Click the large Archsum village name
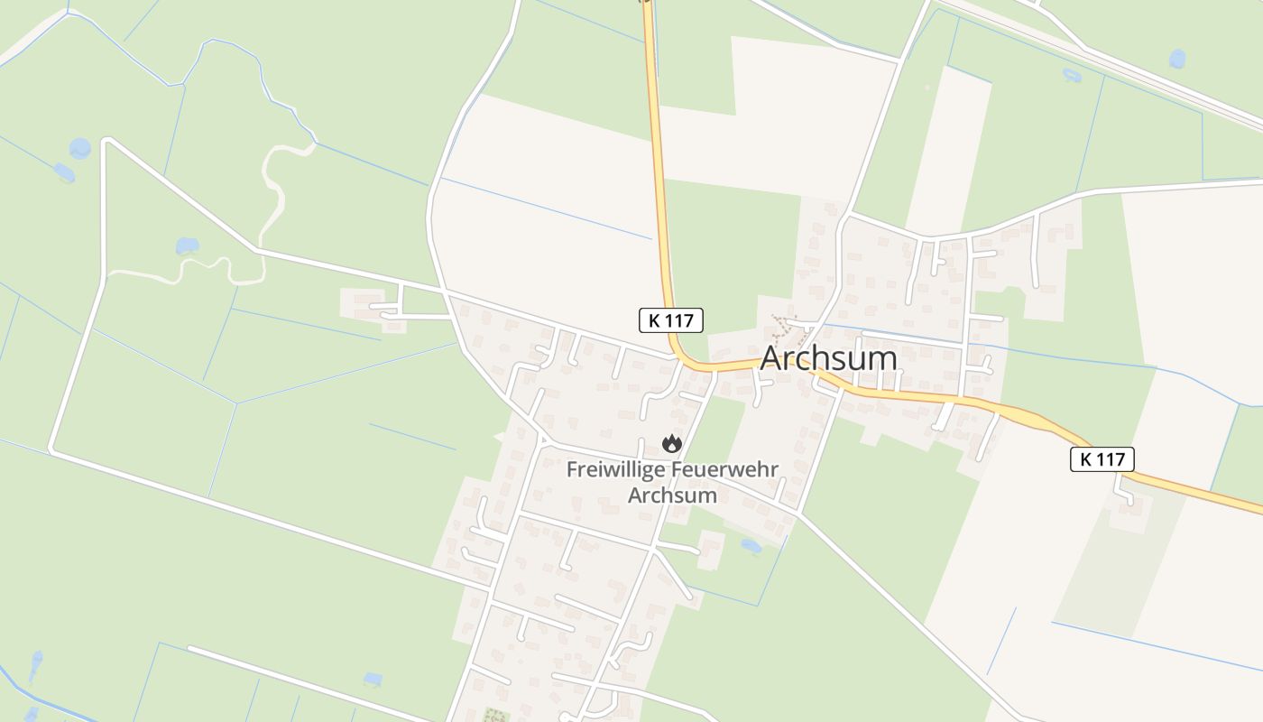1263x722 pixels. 828,358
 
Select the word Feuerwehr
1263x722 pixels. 726,470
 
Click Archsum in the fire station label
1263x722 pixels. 672,495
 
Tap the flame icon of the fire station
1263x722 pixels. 671,443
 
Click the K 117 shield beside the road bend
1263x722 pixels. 670,319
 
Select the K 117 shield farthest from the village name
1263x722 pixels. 1102,459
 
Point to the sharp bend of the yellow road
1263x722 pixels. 678,355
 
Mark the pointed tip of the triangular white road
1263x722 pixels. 106,141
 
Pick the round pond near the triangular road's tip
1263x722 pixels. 80,149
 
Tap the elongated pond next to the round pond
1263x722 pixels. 64,171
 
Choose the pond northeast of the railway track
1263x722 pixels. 1177,59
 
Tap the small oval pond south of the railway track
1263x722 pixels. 1072,76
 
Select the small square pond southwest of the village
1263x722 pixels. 373,679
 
